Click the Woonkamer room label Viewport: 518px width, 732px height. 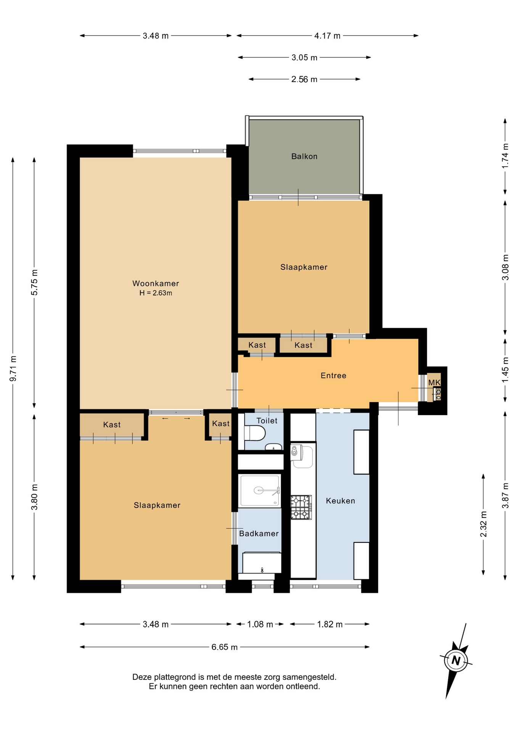(156, 283)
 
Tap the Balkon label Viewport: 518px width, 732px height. (304, 156)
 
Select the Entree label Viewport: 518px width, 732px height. (333, 376)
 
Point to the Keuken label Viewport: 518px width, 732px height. (340, 501)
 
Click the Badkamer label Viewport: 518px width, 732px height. (259, 533)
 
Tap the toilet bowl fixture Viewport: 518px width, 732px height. (255, 433)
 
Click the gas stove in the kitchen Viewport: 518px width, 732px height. (301, 507)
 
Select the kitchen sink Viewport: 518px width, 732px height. (302, 456)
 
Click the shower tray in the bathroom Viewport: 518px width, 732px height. (259, 491)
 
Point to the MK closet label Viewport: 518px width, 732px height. (434, 382)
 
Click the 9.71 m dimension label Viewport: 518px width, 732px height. (13, 369)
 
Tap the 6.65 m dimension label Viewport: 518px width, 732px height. (225, 647)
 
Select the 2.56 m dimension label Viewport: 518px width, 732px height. (304, 79)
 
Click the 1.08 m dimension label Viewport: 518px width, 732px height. (260, 624)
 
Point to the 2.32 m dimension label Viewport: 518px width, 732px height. (483, 524)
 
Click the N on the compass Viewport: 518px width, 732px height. (456, 660)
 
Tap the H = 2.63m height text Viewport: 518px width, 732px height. (156, 293)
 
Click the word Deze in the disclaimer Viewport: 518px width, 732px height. (142, 677)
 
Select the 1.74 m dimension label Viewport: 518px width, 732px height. (505, 156)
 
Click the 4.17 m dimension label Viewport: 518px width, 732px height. (327, 36)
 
